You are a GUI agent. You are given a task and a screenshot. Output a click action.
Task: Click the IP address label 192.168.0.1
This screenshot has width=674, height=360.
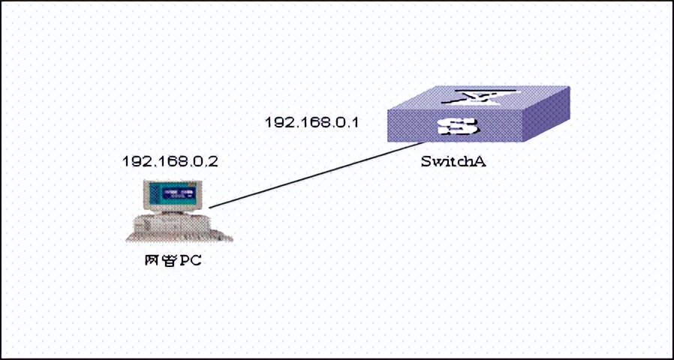pyautogui.click(x=311, y=121)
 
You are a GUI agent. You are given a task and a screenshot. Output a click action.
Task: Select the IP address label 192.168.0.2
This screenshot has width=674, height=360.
pyautogui.click(x=170, y=161)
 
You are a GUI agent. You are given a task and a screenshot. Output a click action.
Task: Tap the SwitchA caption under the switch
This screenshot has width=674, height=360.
pyautogui.click(x=449, y=161)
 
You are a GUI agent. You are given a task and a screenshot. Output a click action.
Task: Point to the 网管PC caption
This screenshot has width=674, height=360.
pyautogui.click(x=173, y=261)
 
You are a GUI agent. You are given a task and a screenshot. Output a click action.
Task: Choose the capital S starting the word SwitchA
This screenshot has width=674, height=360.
pyautogui.click(x=425, y=161)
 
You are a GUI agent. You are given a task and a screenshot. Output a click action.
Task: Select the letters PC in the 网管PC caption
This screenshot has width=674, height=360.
pyautogui.click(x=192, y=261)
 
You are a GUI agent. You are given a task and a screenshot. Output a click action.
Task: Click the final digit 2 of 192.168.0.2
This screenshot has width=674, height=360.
pyautogui.click(x=214, y=161)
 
